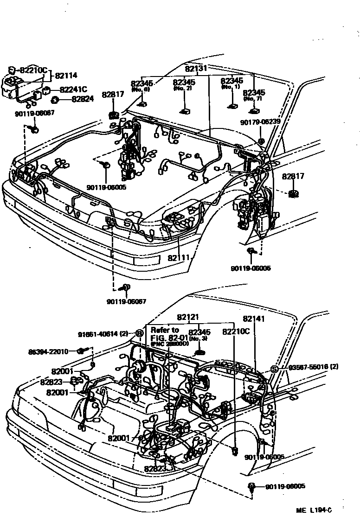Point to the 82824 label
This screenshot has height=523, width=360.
click(83, 99)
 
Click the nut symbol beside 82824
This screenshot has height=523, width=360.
click(54, 99)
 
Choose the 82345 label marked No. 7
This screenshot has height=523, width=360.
click(254, 93)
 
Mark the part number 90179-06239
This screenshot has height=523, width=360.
click(260, 122)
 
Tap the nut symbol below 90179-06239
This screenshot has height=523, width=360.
click(261, 140)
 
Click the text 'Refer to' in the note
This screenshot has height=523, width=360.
click(165, 330)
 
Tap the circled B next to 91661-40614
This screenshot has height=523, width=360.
click(138, 332)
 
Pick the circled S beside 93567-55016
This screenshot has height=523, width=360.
click(274, 369)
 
